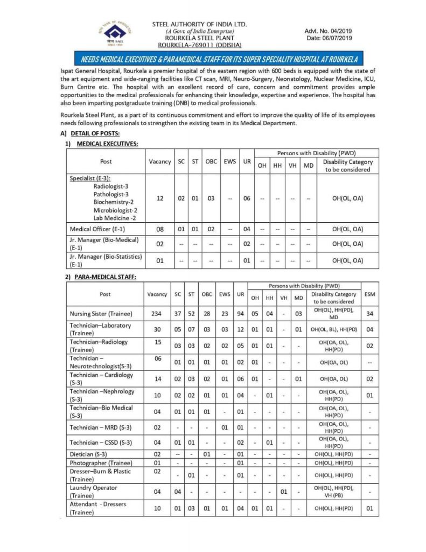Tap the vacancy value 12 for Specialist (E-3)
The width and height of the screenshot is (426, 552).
[x=159, y=198]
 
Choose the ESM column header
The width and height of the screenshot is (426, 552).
[x=369, y=294]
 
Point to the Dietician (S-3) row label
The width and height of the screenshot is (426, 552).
[x=89, y=454]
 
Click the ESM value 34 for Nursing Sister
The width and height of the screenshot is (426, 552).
[x=369, y=314]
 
